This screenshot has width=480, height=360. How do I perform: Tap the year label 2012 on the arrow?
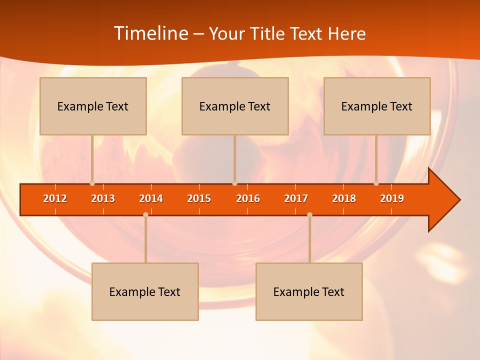(x=55, y=198)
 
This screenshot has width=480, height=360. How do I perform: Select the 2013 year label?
(x=103, y=198)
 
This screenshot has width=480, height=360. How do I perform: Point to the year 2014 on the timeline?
(x=151, y=198)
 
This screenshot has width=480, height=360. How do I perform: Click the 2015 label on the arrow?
(x=199, y=198)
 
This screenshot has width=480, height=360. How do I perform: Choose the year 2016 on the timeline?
(x=248, y=198)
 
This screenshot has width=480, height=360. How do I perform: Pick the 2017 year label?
(x=296, y=198)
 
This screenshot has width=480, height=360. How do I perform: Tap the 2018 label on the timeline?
(x=344, y=198)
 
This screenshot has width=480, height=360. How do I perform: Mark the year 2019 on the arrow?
(x=392, y=198)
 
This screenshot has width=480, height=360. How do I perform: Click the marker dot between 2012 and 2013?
(x=92, y=183)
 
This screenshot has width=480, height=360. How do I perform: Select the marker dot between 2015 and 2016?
(x=234, y=183)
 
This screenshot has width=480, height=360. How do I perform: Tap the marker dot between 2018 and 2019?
(x=376, y=183)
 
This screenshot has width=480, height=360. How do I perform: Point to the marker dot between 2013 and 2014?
(x=145, y=215)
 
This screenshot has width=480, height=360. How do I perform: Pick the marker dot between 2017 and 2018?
(x=309, y=215)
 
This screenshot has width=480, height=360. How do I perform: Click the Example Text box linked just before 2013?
(x=93, y=106)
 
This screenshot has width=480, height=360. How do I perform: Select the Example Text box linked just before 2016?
(x=235, y=106)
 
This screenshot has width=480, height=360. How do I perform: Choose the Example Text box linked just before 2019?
(x=377, y=106)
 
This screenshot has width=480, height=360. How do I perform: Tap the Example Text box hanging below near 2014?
(x=145, y=291)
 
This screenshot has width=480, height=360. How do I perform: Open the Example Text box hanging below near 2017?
(x=309, y=291)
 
